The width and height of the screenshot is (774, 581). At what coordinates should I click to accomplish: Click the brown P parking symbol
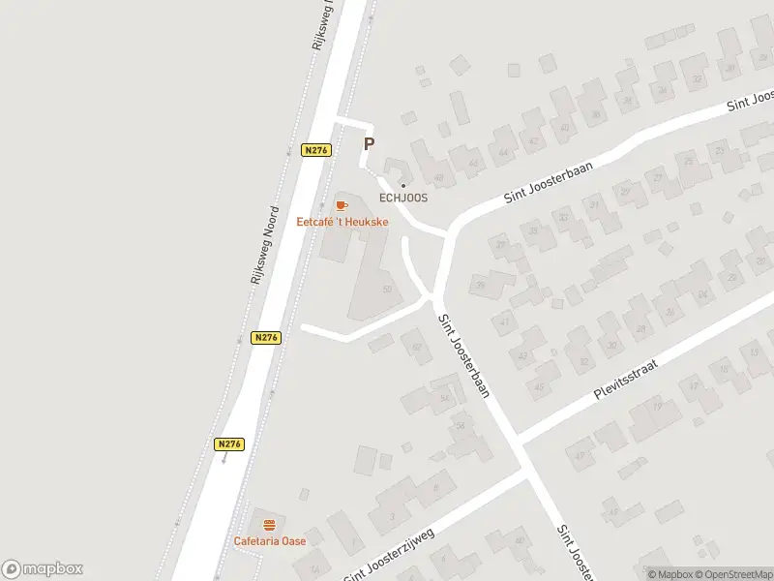pos(368,144)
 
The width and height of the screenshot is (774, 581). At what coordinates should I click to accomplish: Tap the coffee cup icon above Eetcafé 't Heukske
pos(341,205)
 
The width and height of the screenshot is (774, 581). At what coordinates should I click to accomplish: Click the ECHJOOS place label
pos(402,199)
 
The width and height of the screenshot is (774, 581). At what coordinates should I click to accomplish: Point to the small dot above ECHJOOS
pos(403,186)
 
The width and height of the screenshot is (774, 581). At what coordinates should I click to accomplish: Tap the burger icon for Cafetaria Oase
pos(269,524)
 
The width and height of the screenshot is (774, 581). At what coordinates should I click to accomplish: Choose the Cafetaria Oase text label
pos(269,540)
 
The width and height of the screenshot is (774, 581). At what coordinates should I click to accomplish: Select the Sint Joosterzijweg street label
pos(389,555)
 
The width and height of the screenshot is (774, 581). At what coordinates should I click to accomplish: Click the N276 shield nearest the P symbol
pos(316,150)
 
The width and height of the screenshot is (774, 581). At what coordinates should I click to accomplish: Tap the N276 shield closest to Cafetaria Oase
pos(229,444)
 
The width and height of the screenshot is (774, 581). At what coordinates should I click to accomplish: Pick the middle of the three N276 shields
pos(267,337)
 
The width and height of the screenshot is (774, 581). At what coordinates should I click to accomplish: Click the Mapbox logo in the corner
pos(43,568)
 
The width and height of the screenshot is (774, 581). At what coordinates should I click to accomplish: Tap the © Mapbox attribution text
pos(669,573)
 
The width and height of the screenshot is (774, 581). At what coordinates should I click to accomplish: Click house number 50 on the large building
pos(388,289)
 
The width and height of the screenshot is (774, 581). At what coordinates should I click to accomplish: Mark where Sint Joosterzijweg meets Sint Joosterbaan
pos(526,474)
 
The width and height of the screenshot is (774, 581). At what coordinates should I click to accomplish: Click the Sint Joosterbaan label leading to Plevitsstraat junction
pos(465,357)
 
